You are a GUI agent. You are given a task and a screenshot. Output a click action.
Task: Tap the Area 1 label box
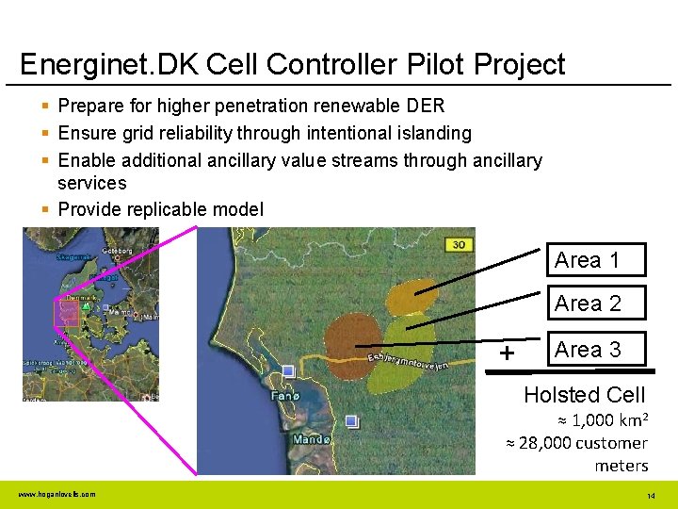coord(587,260)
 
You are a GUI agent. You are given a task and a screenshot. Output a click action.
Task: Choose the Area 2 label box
coord(588,304)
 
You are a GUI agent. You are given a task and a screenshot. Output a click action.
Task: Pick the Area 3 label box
coord(588,350)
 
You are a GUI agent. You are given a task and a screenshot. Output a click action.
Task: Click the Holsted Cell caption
coord(584,394)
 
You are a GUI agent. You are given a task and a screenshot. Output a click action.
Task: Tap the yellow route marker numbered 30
coord(459,244)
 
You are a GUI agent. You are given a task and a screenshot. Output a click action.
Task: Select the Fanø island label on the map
coord(284,396)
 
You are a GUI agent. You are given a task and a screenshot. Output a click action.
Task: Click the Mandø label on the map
coord(312,439)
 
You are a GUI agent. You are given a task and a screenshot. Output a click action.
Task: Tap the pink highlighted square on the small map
coord(67,314)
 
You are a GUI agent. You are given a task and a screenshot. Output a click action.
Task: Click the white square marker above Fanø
coord(288,371)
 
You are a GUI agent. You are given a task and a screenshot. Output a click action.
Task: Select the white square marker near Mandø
coord(351,420)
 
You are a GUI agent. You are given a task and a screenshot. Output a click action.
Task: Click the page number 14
coord(651,496)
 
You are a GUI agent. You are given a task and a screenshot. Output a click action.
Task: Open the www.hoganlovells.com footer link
coord(56,494)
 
